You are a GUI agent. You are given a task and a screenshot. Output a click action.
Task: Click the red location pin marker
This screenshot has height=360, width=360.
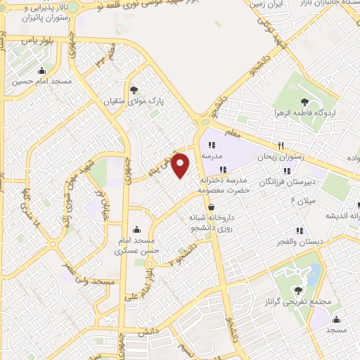click(x=181, y=166)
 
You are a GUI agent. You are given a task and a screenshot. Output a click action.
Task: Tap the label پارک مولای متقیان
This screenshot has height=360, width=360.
click(x=134, y=102)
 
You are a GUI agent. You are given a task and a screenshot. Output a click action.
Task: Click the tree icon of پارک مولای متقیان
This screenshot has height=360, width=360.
click(x=134, y=89)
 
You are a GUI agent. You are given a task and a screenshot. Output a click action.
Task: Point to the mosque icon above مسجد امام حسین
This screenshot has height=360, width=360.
click(x=42, y=70)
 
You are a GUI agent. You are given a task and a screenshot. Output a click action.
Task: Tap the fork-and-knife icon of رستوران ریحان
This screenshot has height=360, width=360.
click(x=281, y=146)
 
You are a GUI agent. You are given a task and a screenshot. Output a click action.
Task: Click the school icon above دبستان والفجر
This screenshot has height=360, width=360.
click(x=300, y=230)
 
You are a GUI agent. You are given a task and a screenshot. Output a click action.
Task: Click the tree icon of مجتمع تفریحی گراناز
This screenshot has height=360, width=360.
click(x=300, y=289)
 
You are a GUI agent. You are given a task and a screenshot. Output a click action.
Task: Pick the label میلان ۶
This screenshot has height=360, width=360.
click(x=304, y=202)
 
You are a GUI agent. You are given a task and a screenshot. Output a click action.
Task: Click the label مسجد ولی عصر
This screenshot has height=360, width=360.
click(x=89, y=281)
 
